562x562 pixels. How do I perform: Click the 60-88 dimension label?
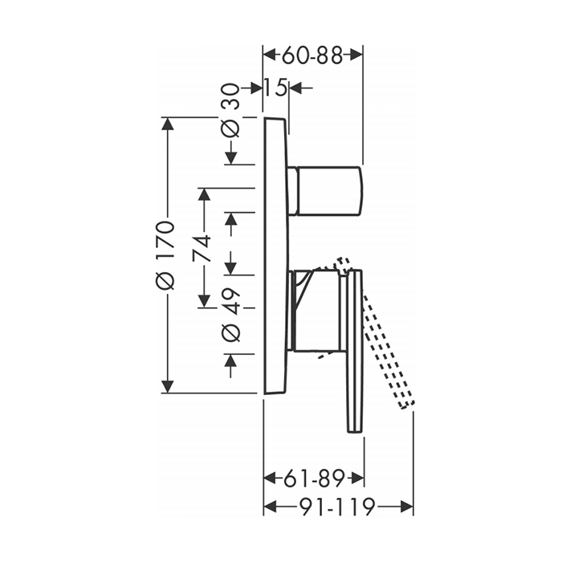[312, 55]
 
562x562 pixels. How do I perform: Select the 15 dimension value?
[276, 88]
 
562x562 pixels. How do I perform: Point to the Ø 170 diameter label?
[165, 255]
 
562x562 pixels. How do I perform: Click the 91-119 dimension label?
[337, 507]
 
